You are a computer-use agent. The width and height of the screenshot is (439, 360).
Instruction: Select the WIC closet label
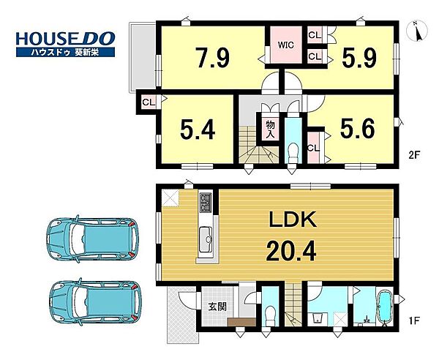286,45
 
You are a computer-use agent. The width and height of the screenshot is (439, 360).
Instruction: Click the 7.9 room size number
212,58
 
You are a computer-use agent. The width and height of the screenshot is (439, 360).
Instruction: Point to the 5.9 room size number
359,58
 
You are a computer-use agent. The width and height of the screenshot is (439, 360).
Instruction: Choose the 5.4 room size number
198,130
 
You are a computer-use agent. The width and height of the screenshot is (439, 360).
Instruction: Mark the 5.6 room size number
357,128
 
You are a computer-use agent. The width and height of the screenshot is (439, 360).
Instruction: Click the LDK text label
293,220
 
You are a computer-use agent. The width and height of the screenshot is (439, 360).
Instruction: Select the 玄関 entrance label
217,307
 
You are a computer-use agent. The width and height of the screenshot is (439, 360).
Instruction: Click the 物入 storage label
270,129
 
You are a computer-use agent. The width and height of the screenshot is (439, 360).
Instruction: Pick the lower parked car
95,301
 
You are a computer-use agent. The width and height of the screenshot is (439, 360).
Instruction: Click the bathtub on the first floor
385,307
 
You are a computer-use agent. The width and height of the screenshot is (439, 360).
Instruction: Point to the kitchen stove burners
206,203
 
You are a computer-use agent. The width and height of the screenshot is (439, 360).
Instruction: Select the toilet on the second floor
293,153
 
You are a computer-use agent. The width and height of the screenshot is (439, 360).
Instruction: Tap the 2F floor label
413,155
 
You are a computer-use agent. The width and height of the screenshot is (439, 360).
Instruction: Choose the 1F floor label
413,320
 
